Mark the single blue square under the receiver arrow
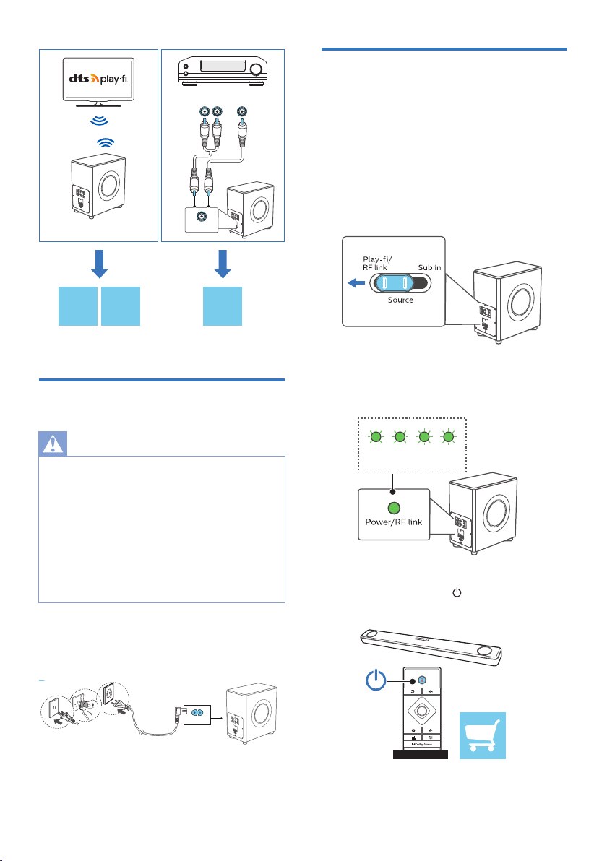pyautogui.click(x=221, y=306)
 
